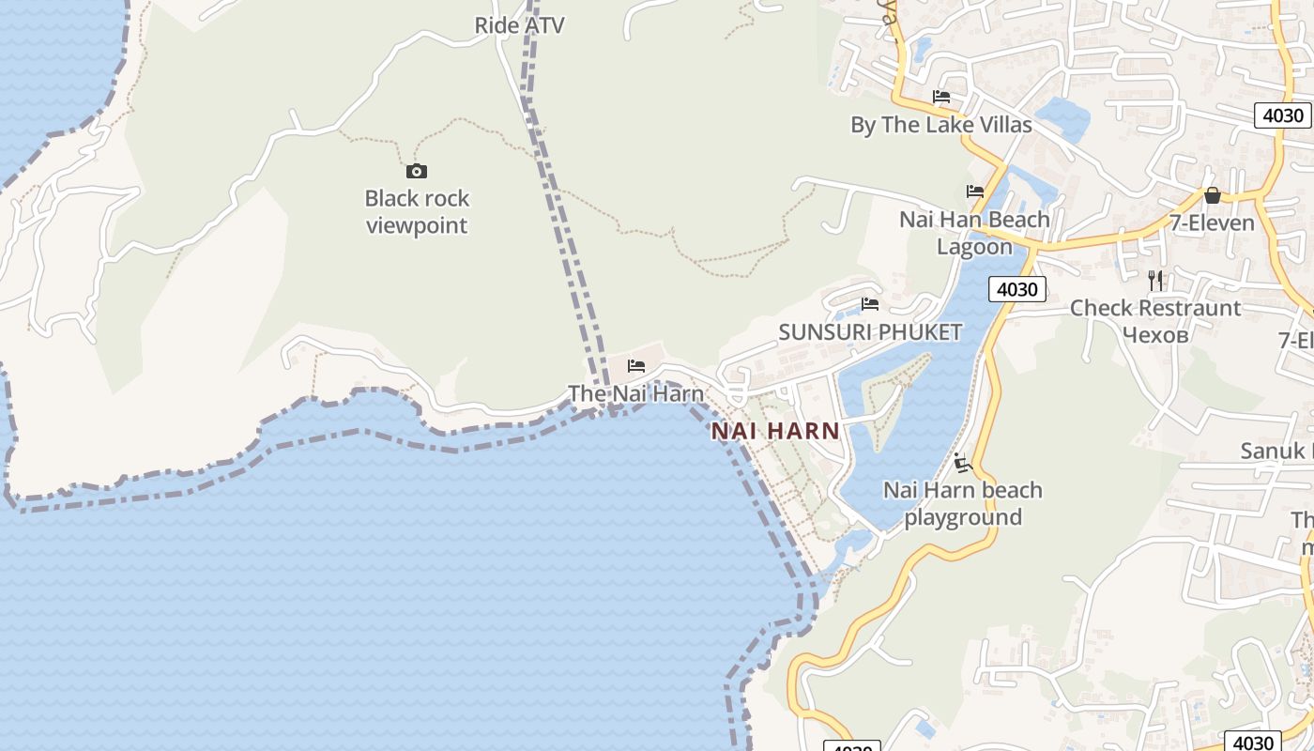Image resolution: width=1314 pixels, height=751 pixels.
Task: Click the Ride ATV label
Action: [519, 25]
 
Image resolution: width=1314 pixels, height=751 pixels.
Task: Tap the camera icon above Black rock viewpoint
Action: [416, 171]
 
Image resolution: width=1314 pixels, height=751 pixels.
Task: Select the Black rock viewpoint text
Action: [417, 212]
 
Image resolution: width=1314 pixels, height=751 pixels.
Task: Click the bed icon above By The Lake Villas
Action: [941, 97]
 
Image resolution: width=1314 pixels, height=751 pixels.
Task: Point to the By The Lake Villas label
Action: [940, 125]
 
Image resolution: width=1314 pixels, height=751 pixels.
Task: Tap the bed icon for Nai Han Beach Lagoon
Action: [975, 192]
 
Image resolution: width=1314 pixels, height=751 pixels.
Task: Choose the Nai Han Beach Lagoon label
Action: [974, 233]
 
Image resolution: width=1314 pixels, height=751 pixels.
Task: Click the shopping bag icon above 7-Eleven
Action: [1213, 196]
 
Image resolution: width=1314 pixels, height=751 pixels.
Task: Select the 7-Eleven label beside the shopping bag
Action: [1212, 223]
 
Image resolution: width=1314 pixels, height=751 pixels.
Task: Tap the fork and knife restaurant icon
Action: [1155, 280]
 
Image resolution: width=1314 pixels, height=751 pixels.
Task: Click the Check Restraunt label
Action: [1154, 308]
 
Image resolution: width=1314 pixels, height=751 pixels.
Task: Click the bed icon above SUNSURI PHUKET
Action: [870, 304]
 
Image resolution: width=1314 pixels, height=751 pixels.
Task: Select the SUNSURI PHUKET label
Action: [870, 331]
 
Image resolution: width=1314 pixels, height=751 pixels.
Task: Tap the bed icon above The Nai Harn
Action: [636, 366]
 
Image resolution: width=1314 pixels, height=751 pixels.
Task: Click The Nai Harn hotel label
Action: [635, 393]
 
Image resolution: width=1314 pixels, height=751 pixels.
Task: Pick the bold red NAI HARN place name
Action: [775, 431]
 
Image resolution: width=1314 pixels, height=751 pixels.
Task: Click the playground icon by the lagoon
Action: [962, 463]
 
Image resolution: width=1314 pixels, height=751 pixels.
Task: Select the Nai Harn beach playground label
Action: [962, 503]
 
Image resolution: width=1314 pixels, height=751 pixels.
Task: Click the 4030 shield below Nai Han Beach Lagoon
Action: [1016, 289]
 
